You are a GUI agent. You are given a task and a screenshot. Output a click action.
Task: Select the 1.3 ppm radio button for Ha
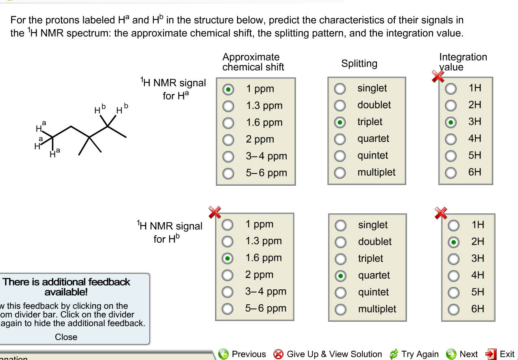[x=228, y=106]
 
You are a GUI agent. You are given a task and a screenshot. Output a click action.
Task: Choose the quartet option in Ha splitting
[x=340, y=139]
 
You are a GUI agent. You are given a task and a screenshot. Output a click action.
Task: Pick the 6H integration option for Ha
[x=450, y=173]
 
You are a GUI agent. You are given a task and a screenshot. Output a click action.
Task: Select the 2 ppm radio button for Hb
[x=228, y=275]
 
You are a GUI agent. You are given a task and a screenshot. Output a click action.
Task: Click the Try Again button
[x=414, y=354]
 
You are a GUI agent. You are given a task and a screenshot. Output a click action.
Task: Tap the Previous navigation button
[x=242, y=354]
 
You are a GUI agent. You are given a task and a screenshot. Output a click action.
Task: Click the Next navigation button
[x=462, y=354]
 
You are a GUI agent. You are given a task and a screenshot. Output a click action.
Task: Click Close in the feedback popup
[x=66, y=337]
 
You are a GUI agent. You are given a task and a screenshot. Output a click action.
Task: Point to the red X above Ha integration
[x=437, y=76]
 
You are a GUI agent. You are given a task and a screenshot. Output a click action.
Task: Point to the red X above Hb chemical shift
[x=214, y=212]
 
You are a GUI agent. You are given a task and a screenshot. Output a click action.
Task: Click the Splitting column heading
[x=359, y=63]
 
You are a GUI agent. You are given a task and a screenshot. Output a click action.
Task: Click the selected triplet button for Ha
[x=340, y=122]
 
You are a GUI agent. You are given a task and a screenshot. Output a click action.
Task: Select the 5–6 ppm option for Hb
[x=228, y=309]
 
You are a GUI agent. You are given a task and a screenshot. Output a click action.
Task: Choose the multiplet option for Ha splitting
[x=340, y=173]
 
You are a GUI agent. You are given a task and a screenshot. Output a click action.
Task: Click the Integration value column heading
[x=463, y=62]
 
